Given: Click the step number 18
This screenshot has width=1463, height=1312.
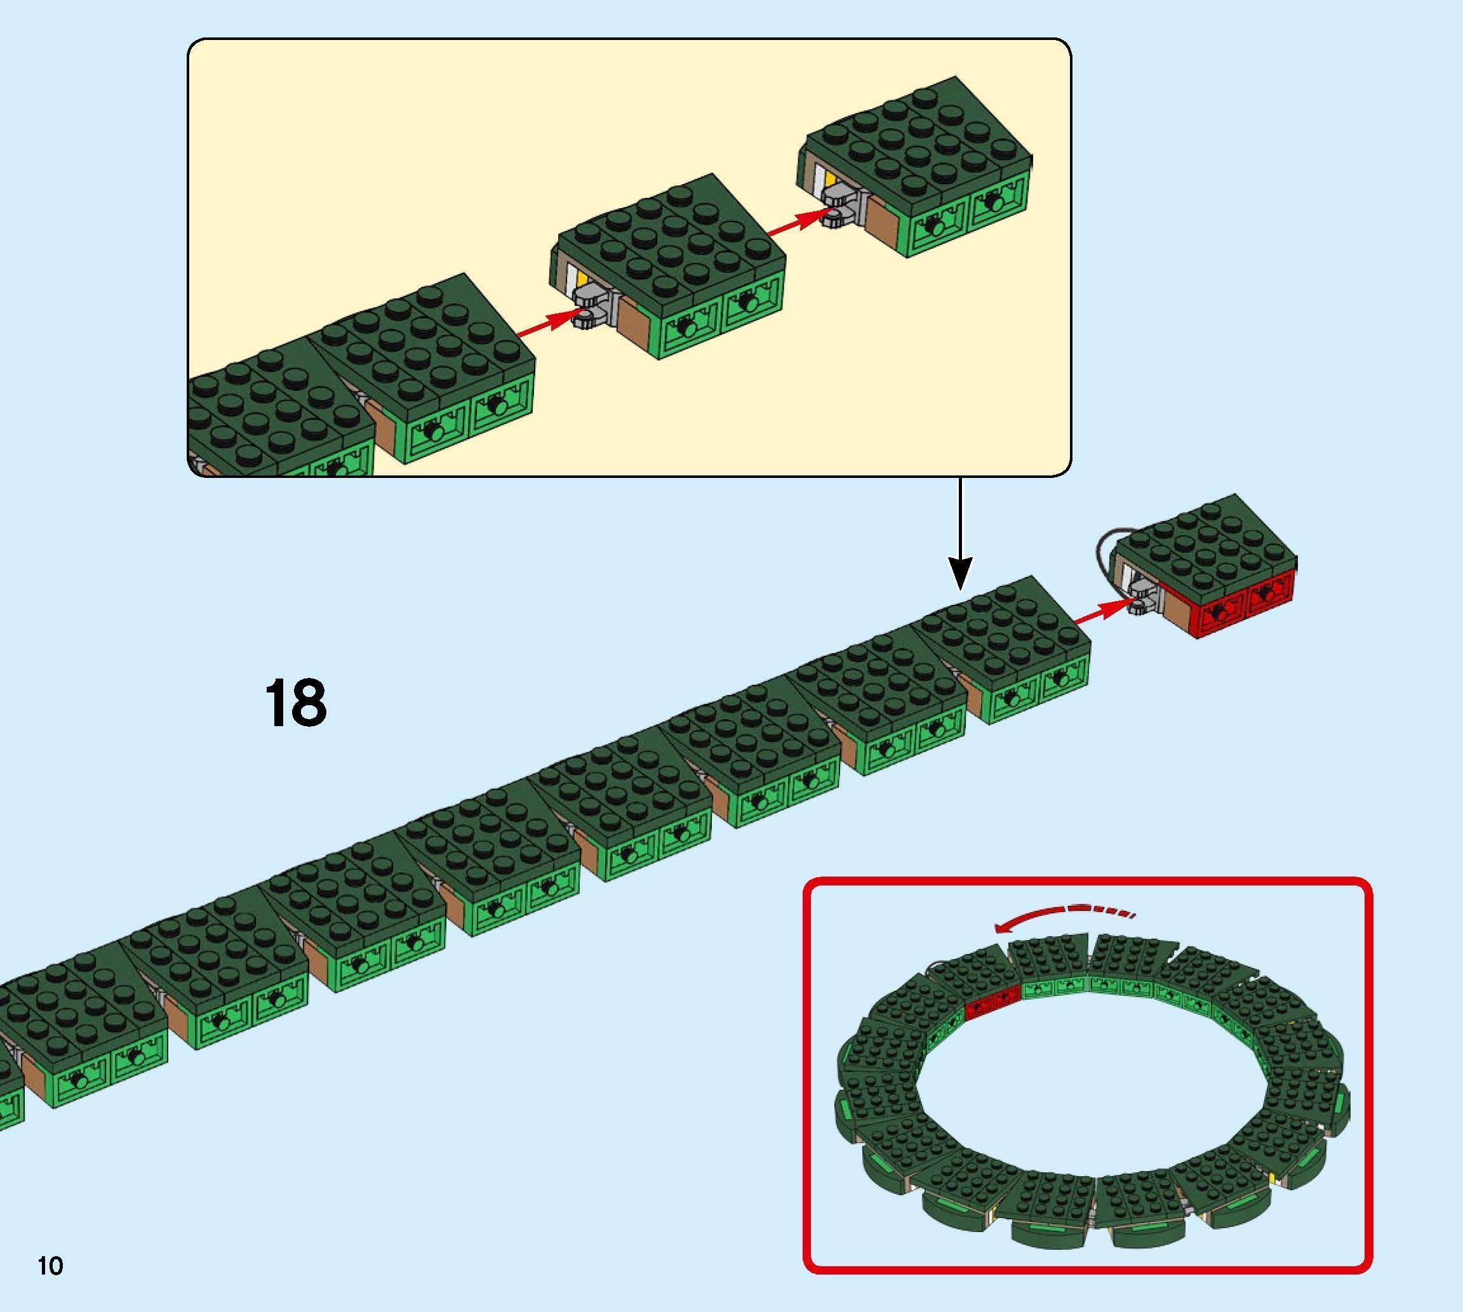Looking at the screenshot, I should [x=296, y=703].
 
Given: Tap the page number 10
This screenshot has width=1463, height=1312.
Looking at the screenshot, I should [x=50, y=1265].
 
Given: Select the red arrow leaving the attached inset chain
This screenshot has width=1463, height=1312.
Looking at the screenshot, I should [x=548, y=326].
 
